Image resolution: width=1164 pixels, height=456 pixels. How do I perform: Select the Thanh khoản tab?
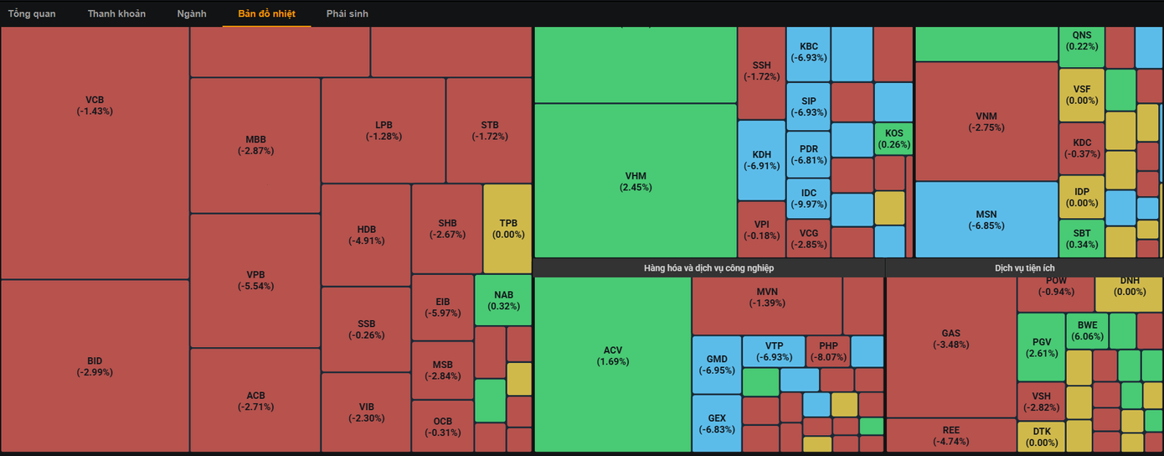116,13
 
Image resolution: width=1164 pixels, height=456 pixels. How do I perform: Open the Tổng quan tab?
32,13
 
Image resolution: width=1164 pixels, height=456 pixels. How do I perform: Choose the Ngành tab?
192,13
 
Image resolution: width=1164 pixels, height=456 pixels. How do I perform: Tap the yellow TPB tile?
507,228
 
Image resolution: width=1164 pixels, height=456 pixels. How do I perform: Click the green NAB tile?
503,300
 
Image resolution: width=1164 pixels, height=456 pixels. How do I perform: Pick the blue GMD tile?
717,365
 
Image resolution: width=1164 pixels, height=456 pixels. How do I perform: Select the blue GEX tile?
717,423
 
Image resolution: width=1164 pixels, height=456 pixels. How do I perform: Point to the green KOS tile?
894,138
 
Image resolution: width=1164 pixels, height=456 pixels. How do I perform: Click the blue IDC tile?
808,199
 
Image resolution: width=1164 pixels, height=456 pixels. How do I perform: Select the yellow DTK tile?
1041,437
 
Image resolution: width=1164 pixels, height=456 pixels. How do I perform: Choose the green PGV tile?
1041,347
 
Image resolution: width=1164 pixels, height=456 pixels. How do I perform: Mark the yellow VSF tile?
1082,94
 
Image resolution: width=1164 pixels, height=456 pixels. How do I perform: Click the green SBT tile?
1082,238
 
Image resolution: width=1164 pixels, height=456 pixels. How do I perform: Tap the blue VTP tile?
773,350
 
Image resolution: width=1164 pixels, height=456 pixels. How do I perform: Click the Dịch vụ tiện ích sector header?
1024,267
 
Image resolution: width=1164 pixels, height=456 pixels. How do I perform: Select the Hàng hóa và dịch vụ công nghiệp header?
708,267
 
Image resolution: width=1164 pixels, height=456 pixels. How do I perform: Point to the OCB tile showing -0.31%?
442,427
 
